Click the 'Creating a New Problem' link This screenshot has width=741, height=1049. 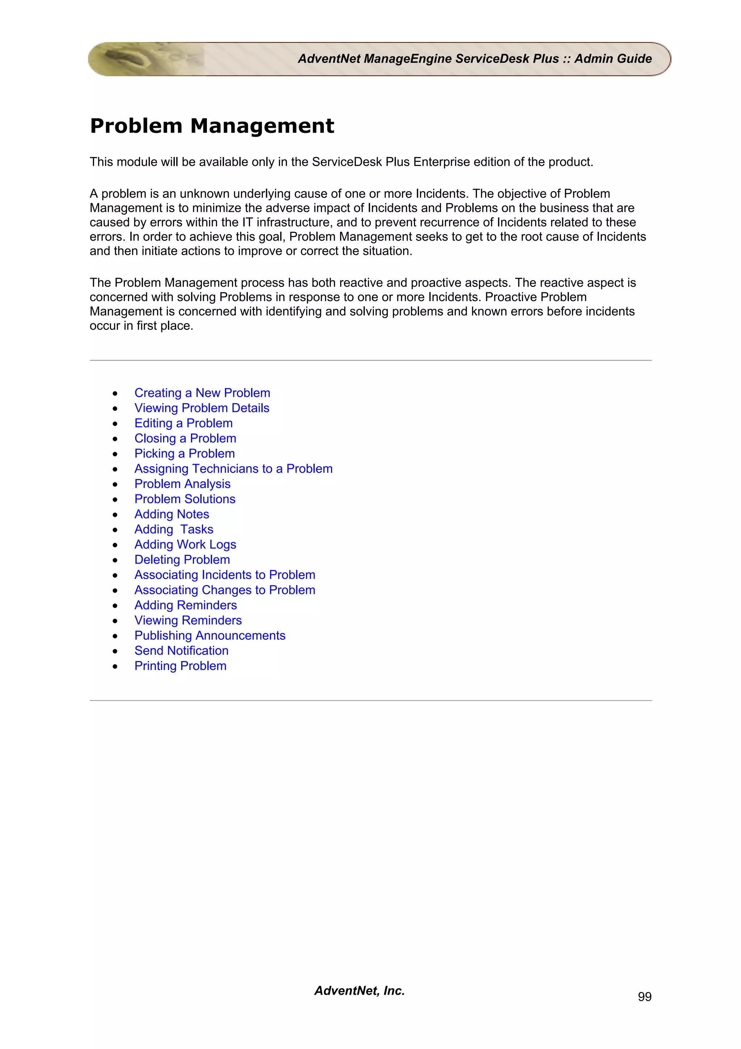click(x=202, y=393)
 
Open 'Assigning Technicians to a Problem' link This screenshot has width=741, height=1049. click(x=233, y=469)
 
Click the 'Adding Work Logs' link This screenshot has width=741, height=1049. click(x=185, y=545)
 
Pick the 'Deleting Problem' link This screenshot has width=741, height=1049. click(x=182, y=560)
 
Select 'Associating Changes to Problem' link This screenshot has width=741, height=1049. click(x=224, y=590)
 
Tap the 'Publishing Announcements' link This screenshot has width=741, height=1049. click(x=209, y=636)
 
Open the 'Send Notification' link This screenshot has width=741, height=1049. click(x=181, y=650)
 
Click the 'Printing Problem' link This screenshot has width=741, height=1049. click(x=180, y=666)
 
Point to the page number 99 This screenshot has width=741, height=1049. click(x=644, y=997)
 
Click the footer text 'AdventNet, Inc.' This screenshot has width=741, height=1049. click(x=359, y=990)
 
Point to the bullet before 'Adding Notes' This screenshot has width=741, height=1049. click(x=115, y=515)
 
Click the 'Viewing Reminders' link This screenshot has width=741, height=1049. click(x=188, y=620)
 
